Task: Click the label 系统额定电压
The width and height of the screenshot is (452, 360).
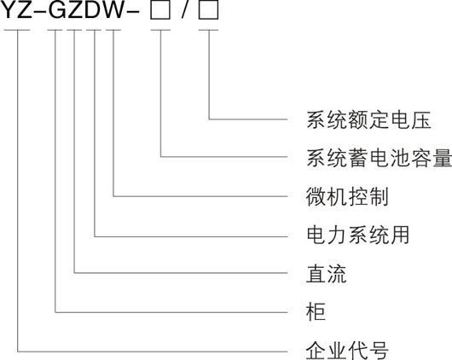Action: point(368,119)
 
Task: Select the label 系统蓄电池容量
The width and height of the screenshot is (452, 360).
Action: point(379,158)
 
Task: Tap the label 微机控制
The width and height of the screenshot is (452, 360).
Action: point(347,197)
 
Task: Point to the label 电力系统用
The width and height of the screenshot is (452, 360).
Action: point(357,235)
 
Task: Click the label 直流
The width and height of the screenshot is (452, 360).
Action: point(327,274)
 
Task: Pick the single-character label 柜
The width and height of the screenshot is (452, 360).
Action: point(316,312)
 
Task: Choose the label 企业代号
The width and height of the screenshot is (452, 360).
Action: point(347,351)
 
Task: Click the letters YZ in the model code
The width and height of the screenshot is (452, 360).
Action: point(17,10)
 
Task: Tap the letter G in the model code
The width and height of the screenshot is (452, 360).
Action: point(58,10)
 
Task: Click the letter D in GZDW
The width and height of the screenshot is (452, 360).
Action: point(93,10)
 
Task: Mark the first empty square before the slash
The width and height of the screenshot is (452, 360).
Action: point(160,11)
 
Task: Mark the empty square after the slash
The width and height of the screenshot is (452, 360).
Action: point(208,11)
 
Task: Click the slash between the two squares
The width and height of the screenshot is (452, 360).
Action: point(184,11)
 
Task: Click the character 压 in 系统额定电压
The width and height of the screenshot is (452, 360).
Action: point(421,119)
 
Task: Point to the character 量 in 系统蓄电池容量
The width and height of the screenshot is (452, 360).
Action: point(443,158)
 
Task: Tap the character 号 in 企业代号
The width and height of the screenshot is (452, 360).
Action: point(379,351)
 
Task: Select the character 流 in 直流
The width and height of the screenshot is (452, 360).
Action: point(337,274)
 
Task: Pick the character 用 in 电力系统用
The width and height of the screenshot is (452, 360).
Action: point(400,235)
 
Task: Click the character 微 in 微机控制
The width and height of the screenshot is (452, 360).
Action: point(316,197)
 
